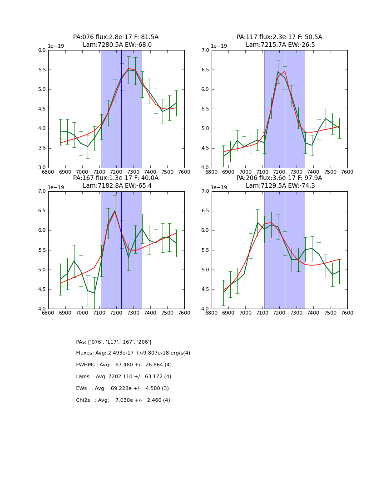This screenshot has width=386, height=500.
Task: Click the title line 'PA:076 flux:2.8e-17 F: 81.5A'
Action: pyautogui.click(x=116, y=37)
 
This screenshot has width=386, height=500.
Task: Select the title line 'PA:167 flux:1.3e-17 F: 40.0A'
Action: pyautogui.click(x=116, y=178)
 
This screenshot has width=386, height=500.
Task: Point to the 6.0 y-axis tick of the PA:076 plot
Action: pyautogui.click(x=41, y=50)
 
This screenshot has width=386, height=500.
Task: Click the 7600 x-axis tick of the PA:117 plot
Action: pyautogui.click(x=347, y=172)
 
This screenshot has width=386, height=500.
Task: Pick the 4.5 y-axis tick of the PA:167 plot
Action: pyautogui.click(x=41, y=290)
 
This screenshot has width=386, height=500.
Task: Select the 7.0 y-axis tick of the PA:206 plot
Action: pyautogui.click(x=205, y=191)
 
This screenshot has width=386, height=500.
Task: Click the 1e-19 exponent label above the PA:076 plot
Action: pyautogui.click(x=56, y=46)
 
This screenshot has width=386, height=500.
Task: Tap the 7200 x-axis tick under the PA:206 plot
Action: pyautogui.click(x=279, y=313)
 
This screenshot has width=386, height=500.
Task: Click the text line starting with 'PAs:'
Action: pyautogui.click(x=114, y=342)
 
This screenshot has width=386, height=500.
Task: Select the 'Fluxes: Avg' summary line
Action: pyautogui.click(x=133, y=353)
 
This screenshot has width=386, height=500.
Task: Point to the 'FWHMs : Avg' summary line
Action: pyautogui.click(x=124, y=365)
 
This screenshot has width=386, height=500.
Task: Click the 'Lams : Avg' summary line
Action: pyautogui.click(x=124, y=377)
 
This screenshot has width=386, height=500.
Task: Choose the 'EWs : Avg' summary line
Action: pyautogui.click(x=122, y=389)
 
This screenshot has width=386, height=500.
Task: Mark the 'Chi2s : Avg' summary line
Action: pyautogui.click(x=123, y=400)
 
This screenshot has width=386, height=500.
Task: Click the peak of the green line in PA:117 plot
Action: pyautogui.click(x=278, y=71)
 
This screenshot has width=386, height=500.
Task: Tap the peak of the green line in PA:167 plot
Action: pyautogui.click(x=114, y=210)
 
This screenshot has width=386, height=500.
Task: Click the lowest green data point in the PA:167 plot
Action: pyautogui.click(x=94, y=293)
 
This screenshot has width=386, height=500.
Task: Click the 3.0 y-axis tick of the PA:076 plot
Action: pyautogui.click(x=41, y=168)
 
